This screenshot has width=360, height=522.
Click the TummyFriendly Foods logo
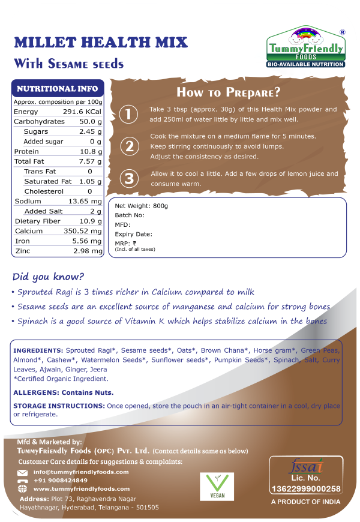[x=305, y=46]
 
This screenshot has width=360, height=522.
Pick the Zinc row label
[x=22, y=251]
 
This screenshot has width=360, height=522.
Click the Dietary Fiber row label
[x=37, y=221]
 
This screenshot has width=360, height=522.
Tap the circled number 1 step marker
[x=128, y=114]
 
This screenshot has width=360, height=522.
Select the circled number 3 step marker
[x=128, y=178]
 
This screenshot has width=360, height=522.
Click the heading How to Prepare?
[x=228, y=92]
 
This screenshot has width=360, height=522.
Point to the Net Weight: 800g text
[x=142, y=206]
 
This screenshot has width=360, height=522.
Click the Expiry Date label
[x=133, y=234]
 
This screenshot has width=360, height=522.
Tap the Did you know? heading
[x=49, y=277]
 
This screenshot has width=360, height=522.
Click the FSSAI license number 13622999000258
[x=305, y=488]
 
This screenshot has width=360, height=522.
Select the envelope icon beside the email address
[x=23, y=472]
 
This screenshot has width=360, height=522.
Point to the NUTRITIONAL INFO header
[x=58, y=88]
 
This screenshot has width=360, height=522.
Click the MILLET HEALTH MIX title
[x=101, y=43]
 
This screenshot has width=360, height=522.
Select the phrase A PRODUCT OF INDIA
[x=305, y=502]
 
